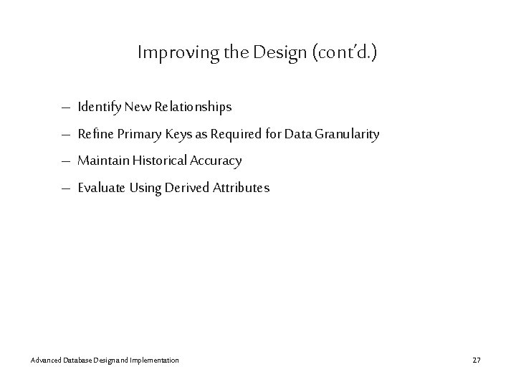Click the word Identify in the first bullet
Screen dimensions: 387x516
pyautogui.click(x=99, y=107)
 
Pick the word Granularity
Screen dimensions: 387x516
pyautogui.click(x=346, y=134)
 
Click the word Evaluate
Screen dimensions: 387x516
pyautogui.click(x=101, y=188)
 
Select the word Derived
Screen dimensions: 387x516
pyautogui.click(x=187, y=188)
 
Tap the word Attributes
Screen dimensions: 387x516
pyautogui.click(x=242, y=188)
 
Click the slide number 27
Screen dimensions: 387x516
pyautogui.click(x=477, y=359)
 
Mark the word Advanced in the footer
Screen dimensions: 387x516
pyautogui.click(x=46, y=359)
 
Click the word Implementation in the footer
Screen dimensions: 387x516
pyautogui.click(x=155, y=359)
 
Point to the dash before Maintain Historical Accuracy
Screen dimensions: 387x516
pyautogui.click(x=65, y=161)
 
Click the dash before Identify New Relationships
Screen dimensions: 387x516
pyautogui.click(x=65, y=108)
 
